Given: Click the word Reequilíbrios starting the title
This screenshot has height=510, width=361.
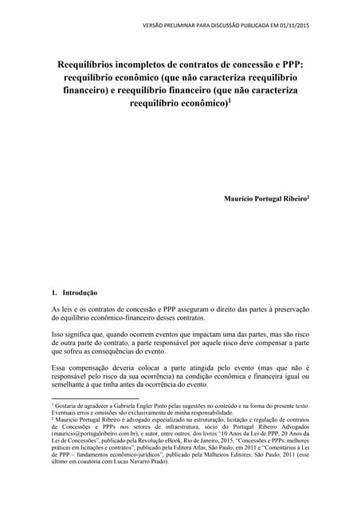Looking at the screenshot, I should point(92,64).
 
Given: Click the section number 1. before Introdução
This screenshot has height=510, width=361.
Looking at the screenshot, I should point(54,292).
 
